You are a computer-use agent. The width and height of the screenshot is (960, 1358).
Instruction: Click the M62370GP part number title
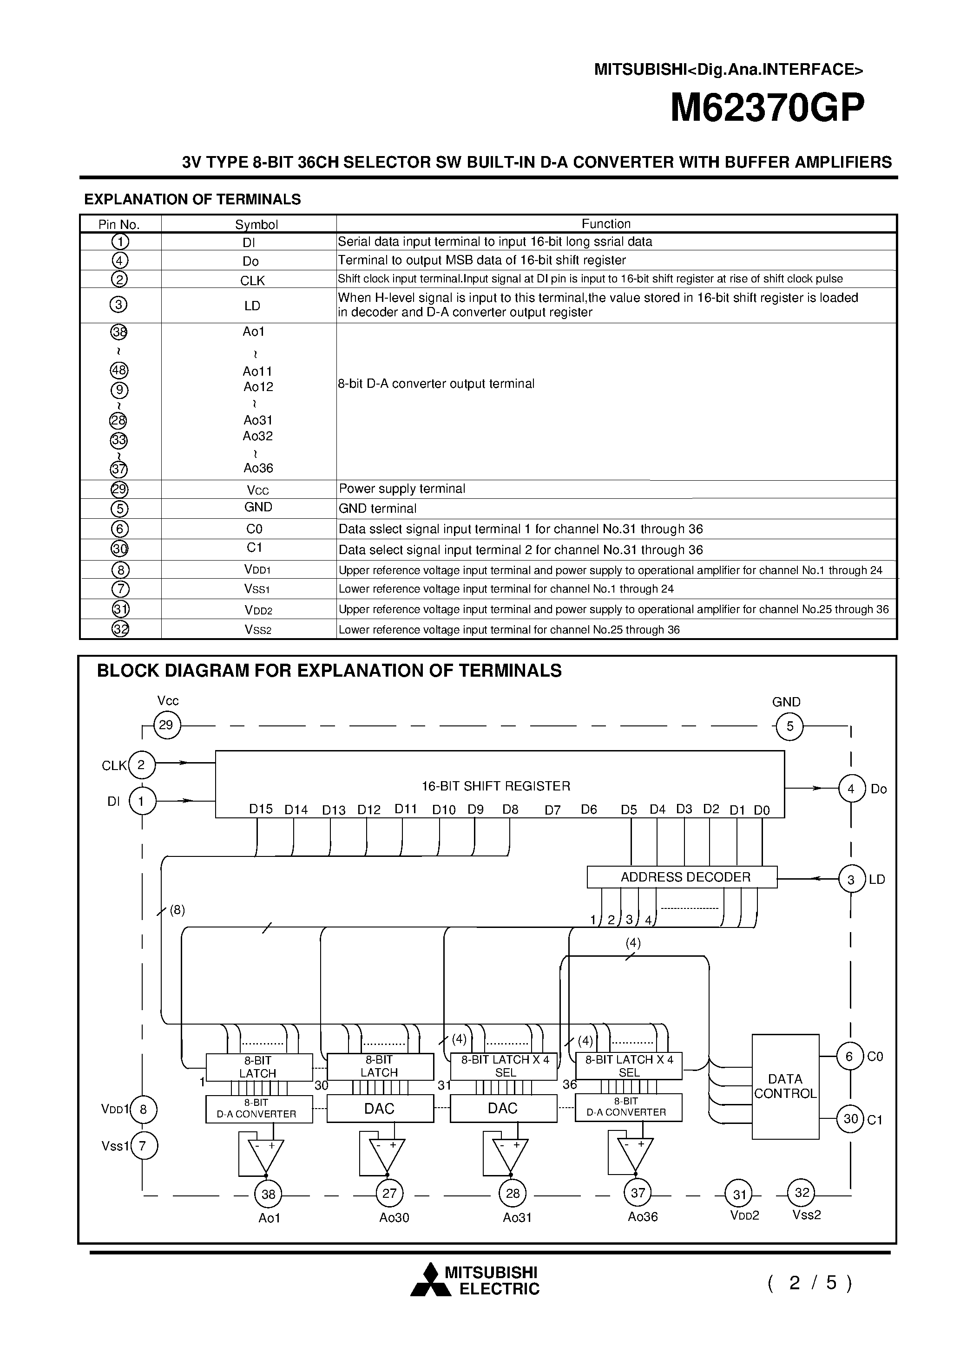[767, 108]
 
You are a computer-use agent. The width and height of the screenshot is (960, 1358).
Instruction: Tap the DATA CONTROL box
[785, 1086]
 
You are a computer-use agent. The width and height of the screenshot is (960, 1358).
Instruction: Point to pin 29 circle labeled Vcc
[166, 725]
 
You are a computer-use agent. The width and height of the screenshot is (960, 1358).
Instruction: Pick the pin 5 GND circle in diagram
[789, 726]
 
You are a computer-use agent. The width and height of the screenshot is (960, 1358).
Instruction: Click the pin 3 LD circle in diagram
[851, 880]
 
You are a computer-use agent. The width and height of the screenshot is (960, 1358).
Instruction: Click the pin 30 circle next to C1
[850, 1118]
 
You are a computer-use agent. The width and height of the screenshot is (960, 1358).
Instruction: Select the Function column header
[605, 223]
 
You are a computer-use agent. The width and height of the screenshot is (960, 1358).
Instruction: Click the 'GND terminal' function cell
[378, 509]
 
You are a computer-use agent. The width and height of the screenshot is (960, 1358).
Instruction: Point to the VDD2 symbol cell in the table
[258, 610]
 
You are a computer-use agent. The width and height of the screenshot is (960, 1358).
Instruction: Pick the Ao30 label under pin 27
[394, 1217]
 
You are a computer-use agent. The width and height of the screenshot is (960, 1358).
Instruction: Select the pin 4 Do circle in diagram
[851, 789]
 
